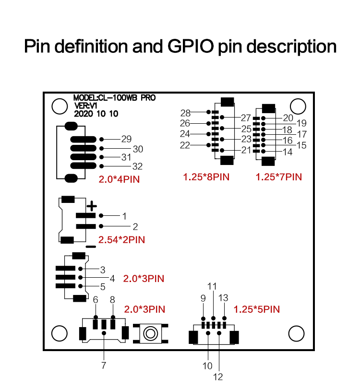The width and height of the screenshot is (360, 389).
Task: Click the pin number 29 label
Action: click(x=126, y=139)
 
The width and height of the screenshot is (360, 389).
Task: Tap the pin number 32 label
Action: click(x=138, y=166)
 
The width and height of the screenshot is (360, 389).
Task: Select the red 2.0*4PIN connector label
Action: click(x=119, y=179)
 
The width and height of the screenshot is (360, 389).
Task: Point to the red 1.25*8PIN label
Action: click(x=206, y=177)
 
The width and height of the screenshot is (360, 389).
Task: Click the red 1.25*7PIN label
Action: click(x=279, y=177)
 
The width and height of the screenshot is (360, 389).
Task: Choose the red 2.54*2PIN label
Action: click(x=121, y=240)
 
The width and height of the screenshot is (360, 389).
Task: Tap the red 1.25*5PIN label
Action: click(x=257, y=309)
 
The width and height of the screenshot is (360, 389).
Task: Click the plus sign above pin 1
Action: click(x=92, y=206)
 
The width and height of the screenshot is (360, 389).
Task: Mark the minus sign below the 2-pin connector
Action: click(x=91, y=247)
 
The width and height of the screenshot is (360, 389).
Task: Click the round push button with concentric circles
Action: click(x=150, y=333)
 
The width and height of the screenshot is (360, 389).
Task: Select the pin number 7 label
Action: click(x=104, y=365)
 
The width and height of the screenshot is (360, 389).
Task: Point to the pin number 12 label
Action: click(x=218, y=377)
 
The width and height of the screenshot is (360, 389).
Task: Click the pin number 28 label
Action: click(x=185, y=113)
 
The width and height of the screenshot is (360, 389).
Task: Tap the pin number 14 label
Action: click(x=288, y=152)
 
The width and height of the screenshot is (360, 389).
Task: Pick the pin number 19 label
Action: click(x=301, y=123)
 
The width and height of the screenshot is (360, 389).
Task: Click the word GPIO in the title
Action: click(x=191, y=46)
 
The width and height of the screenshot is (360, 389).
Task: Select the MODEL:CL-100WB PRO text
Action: click(x=114, y=98)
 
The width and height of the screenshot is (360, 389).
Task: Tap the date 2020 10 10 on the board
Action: click(x=96, y=114)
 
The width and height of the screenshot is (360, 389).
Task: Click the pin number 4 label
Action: click(x=112, y=279)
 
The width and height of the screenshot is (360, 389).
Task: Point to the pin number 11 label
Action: click(x=212, y=286)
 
